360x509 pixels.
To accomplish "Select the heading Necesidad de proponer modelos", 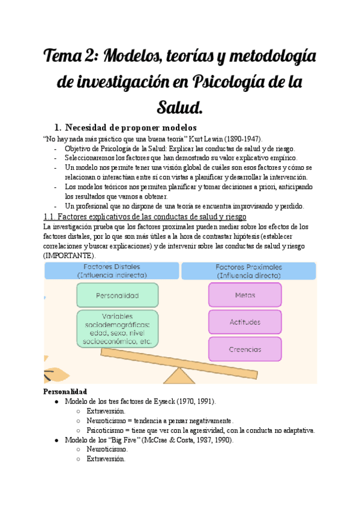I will coord(131,127).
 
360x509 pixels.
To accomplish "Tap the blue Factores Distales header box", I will coord(112,270).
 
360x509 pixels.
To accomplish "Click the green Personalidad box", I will coord(117,295).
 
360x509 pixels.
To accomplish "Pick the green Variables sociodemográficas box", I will coord(117,328).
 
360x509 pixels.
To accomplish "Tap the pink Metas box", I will coord(245,295).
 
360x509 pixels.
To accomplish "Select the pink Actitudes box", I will coord(245,322).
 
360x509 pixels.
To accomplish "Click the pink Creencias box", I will coord(245,349).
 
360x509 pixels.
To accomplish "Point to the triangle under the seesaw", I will coord(178,375).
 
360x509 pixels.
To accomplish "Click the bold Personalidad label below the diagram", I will coord(65,391).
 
